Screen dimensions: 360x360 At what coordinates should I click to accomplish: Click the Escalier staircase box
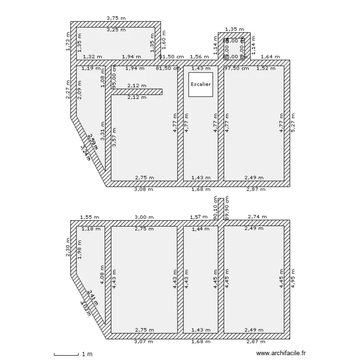[x=200, y=84]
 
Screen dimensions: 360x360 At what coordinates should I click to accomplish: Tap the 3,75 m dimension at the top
[x=116, y=18]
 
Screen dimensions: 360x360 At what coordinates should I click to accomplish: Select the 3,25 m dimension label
[x=116, y=30]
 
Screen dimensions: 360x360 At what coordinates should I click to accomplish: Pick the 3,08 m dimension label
[x=144, y=189]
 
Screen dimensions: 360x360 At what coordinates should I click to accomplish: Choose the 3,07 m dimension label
[x=144, y=342]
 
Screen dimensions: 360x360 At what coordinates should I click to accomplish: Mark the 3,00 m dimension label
[x=144, y=217]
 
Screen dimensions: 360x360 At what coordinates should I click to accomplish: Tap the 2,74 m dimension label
[x=257, y=217]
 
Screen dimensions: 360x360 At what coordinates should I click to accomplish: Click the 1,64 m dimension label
[x=270, y=57]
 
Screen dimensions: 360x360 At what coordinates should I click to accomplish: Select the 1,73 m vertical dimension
[x=68, y=41]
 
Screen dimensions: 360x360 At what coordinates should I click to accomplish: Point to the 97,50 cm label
[x=237, y=68]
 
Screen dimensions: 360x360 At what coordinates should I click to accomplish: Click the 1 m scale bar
[x=72, y=354]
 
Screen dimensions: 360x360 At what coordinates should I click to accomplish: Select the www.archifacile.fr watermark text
[x=281, y=352]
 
